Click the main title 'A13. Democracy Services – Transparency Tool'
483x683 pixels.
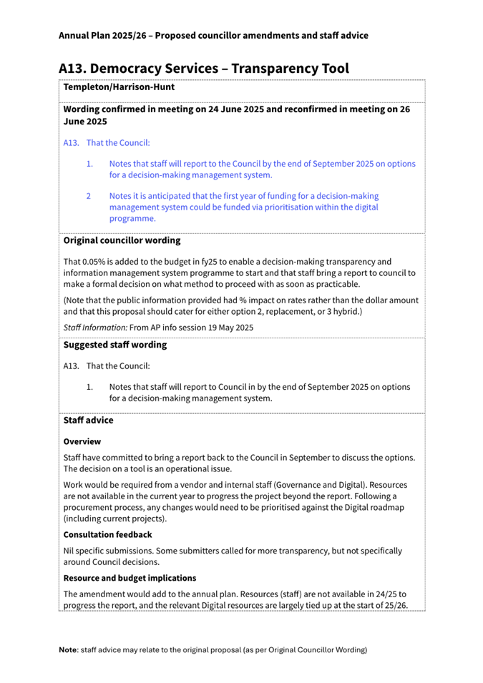click(203, 68)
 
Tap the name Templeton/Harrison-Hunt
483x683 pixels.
click(119, 87)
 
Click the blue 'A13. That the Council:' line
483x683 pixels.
click(107, 143)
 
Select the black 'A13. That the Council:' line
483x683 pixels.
click(107, 366)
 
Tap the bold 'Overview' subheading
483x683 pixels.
click(82, 442)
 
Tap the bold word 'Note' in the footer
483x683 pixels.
click(69, 650)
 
